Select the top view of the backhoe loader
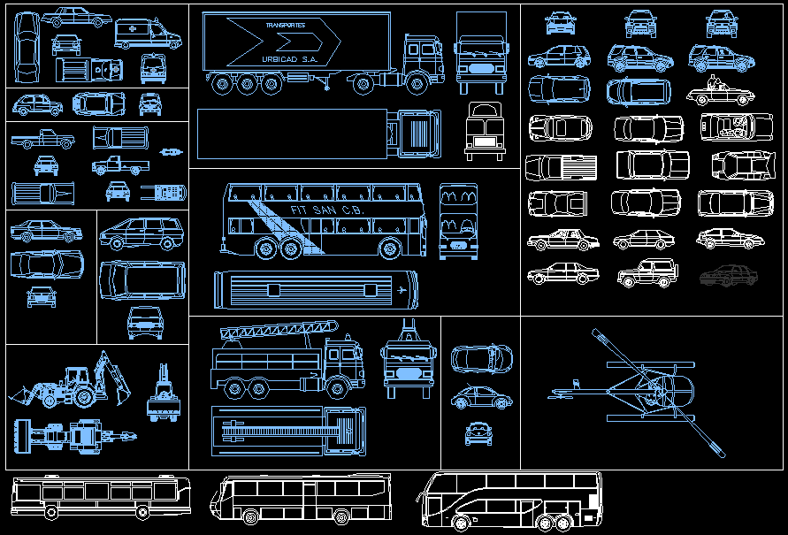click(75, 435)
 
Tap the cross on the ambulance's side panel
click(133, 30)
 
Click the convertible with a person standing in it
click(721, 91)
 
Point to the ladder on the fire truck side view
click(279, 331)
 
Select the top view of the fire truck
click(288, 432)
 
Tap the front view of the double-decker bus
click(458, 222)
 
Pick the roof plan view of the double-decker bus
click(314, 288)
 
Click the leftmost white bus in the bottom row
click(101, 496)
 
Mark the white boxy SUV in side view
click(646, 273)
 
